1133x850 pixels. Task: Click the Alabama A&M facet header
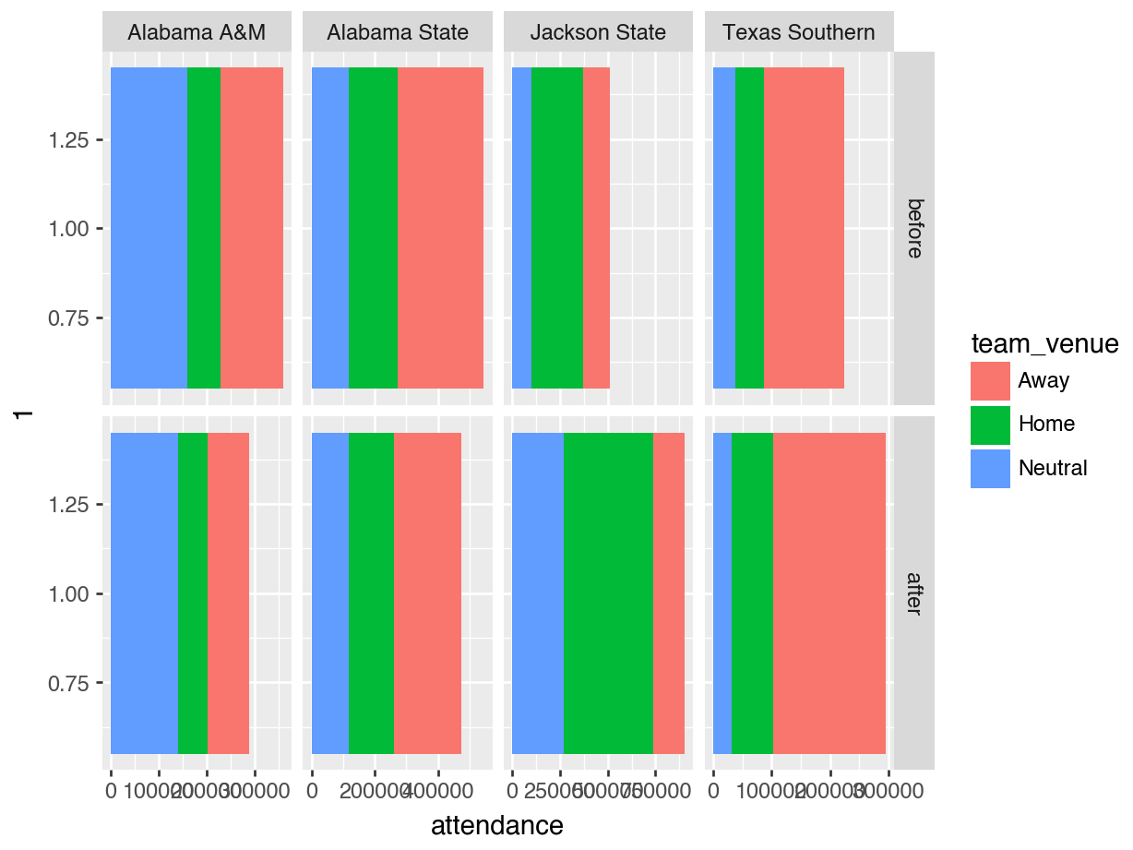(x=197, y=33)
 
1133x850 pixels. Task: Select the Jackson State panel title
(x=598, y=33)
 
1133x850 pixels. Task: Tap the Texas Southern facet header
(x=799, y=33)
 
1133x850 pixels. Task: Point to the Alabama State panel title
(x=398, y=33)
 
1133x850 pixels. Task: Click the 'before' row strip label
(x=914, y=228)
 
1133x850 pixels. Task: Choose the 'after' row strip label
(x=914, y=593)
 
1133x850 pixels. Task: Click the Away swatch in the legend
(x=990, y=380)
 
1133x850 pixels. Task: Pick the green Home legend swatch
(x=990, y=425)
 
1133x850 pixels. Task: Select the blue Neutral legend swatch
(x=990, y=468)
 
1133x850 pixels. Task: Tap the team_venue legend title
(x=1044, y=345)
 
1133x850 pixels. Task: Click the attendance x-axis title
(x=497, y=825)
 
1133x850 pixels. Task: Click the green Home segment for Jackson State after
(x=608, y=593)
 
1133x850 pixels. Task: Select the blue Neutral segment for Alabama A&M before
(x=149, y=228)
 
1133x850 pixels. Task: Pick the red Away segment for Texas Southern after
(x=829, y=593)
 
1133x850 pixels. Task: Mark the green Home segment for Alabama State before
(x=373, y=228)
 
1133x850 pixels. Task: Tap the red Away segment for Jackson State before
(x=596, y=228)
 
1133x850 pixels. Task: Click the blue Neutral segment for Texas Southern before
(x=724, y=228)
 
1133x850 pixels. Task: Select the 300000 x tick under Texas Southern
(x=888, y=792)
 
